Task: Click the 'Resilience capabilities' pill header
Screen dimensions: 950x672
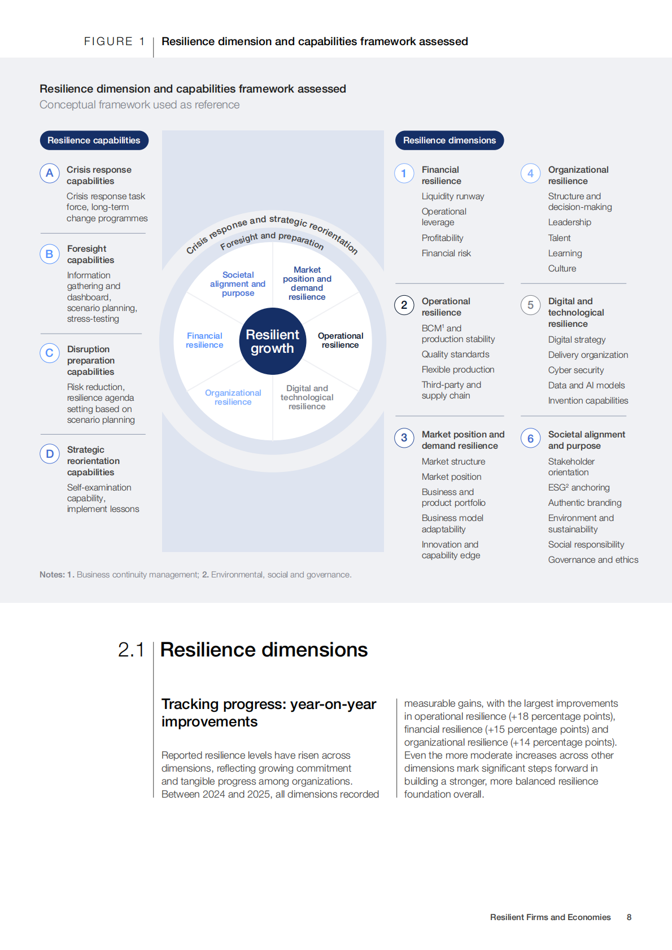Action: pyautogui.click(x=94, y=141)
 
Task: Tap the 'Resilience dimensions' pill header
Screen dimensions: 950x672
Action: pyautogui.click(x=450, y=141)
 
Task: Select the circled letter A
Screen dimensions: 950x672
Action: pyautogui.click(x=50, y=173)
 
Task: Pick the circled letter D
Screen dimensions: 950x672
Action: pyautogui.click(x=50, y=454)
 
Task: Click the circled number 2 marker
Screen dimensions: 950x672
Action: pyautogui.click(x=404, y=305)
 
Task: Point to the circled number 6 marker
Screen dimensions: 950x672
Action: pyautogui.click(x=530, y=439)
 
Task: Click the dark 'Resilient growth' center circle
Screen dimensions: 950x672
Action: pyautogui.click(x=273, y=342)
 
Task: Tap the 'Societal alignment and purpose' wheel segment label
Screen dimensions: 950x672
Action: pyautogui.click(x=238, y=284)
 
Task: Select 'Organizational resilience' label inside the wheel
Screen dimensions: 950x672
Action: pyautogui.click(x=233, y=397)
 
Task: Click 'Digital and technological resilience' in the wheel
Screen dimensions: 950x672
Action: pyautogui.click(x=307, y=397)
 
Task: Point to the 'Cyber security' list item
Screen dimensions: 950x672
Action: pyautogui.click(x=576, y=370)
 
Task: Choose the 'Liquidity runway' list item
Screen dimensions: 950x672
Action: pyautogui.click(x=453, y=196)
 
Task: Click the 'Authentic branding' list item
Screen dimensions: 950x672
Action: pyautogui.click(x=584, y=503)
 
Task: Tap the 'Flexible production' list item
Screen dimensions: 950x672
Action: pyautogui.click(x=458, y=370)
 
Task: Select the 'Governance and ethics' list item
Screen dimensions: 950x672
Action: pyautogui.click(x=593, y=560)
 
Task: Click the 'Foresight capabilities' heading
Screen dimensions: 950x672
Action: pyautogui.click(x=90, y=255)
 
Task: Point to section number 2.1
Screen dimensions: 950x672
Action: pyautogui.click(x=131, y=650)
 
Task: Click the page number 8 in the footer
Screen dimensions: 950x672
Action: pyautogui.click(x=629, y=917)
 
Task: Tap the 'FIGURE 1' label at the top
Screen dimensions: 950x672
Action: pyautogui.click(x=115, y=41)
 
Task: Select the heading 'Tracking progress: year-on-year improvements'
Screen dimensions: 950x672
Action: pyautogui.click(x=268, y=713)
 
